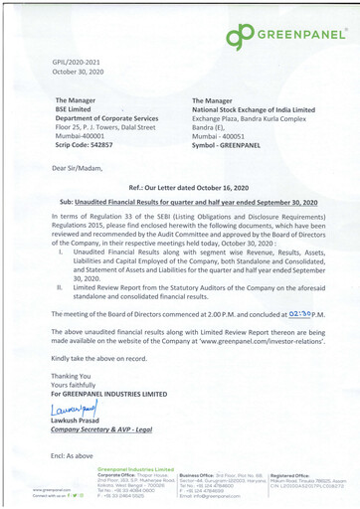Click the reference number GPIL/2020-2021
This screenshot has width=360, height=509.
[80, 63]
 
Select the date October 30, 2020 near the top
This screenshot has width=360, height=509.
[81, 73]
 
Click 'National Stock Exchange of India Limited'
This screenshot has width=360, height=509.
[251, 109]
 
